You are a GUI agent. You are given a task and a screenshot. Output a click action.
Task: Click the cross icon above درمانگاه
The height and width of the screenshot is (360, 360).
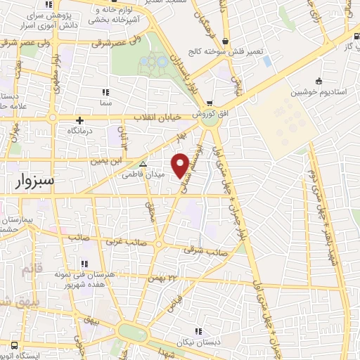point(80,120)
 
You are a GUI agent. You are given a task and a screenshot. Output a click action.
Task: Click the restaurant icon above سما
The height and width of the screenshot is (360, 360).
point(106,92)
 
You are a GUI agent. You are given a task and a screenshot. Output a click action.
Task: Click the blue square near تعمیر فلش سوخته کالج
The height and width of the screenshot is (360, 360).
point(267,61)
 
